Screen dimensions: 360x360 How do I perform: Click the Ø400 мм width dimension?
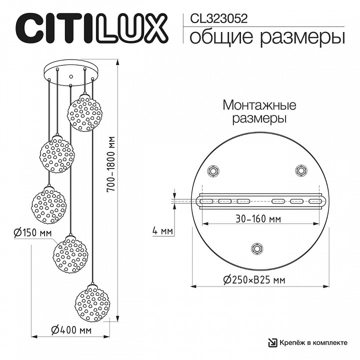click(70, 330)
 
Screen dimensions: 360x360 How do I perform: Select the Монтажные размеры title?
click(259, 112)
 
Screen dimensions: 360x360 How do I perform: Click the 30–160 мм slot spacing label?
click(258, 218)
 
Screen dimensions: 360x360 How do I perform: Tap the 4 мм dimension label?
click(163, 231)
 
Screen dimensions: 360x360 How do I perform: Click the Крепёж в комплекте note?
click(313, 342)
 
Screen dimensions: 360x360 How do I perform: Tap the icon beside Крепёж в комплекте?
click(273, 342)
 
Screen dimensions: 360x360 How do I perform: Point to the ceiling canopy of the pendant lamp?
click(71, 71)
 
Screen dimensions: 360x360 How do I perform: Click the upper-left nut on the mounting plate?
click(213, 171)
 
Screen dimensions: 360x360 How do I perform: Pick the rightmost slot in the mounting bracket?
click(314, 201)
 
